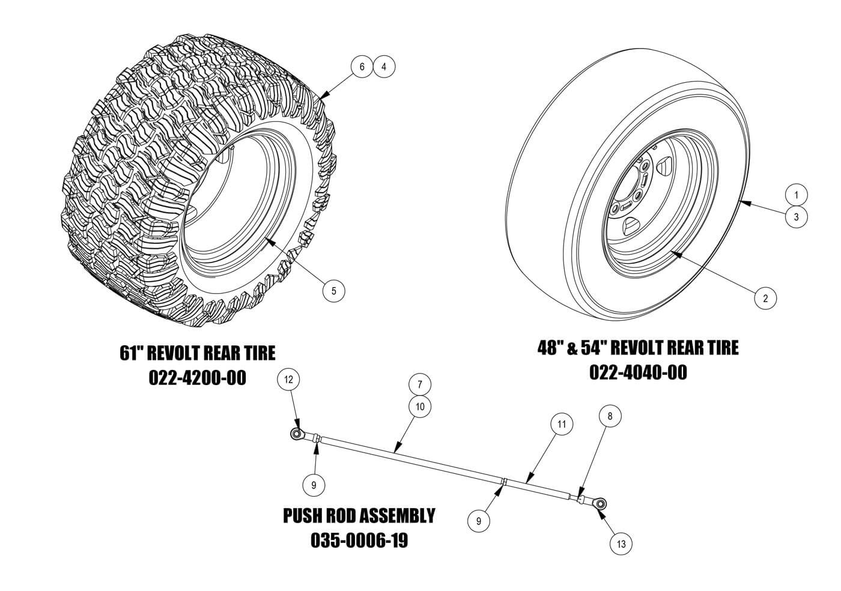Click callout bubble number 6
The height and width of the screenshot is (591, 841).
pos(362,66)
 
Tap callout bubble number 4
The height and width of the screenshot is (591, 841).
pos(384,66)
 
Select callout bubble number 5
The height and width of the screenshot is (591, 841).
pos(333,291)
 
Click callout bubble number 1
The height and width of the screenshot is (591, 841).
pos(797,195)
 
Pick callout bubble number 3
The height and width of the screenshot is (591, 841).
pos(797,217)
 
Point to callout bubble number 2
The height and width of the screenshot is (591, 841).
pos(765,298)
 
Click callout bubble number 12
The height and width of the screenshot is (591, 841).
pos(288,380)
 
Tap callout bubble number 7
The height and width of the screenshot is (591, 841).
pos(420,384)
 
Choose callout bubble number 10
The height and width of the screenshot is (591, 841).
pos(420,407)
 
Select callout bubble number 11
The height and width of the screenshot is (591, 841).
pos(562,424)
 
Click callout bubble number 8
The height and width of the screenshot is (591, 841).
pos(610,415)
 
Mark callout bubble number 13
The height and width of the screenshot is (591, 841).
pos(621,544)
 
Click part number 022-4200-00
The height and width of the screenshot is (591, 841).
pos(197,378)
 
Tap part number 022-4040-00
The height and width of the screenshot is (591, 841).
pos(638,372)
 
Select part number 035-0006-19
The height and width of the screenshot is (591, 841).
pos(359,540)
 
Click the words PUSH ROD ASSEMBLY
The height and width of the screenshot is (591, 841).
pos(359,515)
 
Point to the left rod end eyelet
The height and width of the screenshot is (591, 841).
pos(296,434)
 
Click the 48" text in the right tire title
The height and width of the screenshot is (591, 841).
pos(548,347)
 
